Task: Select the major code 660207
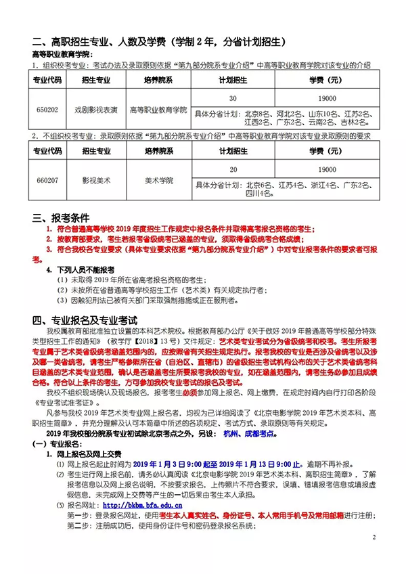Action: [x=47, y=180]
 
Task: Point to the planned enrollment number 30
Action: [x=232, y=97]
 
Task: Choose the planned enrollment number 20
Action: [x=232, y=169]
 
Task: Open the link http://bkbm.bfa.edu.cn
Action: [x=141, y=505]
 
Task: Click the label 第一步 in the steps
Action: [x=79, y=514]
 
